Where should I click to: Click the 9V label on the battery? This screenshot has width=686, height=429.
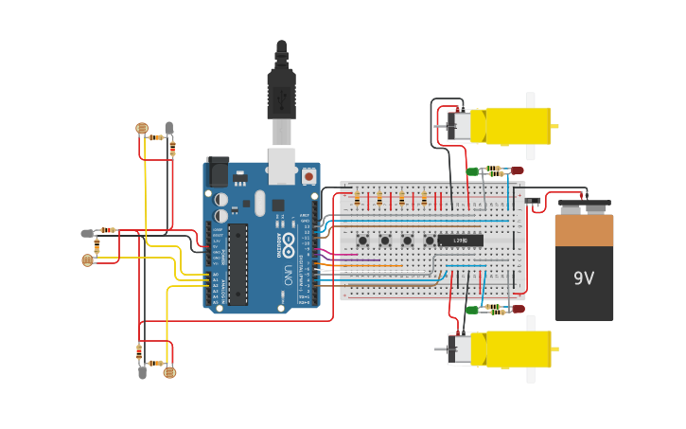[x=584, y=277]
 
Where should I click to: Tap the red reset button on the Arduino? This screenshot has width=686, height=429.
[x=308, y=176]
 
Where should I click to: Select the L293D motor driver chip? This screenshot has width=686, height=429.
[x=461, y=241]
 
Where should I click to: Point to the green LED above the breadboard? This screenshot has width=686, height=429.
[x=472, y=171]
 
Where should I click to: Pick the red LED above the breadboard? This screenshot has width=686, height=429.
[x=517, y=170]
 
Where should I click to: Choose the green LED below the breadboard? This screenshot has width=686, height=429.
[x=472, y=310]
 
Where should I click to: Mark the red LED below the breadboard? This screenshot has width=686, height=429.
[x=517, y=309]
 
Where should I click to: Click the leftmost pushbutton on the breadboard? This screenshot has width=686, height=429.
[x=363, y=241]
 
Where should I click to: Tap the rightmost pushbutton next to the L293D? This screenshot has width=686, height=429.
[x=430, y=241]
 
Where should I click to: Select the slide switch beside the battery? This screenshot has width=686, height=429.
[x=533, y=200]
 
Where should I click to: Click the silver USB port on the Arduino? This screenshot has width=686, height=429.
[x=282, y=165]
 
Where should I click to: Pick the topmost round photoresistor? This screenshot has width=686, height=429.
[x=142, y=128]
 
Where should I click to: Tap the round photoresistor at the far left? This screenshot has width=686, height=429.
[x=88, y=259]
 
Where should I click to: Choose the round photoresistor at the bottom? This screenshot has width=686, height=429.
[x=169, y=372]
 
